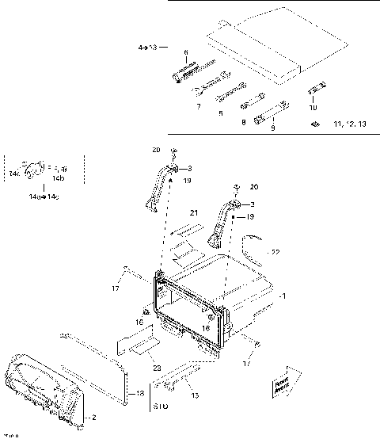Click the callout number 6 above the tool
pyautogui.click(x=186, y=53)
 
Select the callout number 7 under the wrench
pyautogui.click(x=198, y=105)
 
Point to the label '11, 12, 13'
pyautogui.click(x=349, y=124)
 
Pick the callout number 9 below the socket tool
pyautogui.click(x=272, y=127)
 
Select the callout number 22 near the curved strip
pyautogui.click(x=275, y=252)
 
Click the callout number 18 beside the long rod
pyautogui.click(x=140, y=394)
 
